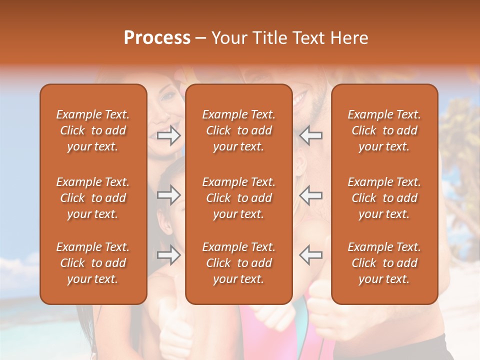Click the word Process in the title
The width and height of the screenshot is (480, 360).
coord(157,38)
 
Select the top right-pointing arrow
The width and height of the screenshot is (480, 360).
coord(169,135)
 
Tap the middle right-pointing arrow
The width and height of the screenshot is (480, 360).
coord(169,195)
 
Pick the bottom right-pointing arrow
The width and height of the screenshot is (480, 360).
coord(169,255)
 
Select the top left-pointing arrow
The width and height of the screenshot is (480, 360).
coord(311,135)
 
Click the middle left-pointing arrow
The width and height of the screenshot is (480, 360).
coord(311,195)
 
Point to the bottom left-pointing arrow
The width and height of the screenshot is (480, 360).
coord(311,255)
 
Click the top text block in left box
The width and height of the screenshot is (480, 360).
coord(93,130)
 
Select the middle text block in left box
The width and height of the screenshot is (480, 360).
coord(93,198)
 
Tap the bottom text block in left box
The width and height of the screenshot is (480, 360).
coord(93,263)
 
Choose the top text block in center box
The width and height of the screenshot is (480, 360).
coord(239,130)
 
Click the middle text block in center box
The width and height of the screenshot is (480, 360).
coord(239,198)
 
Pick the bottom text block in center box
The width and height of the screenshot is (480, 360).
coord(239,263)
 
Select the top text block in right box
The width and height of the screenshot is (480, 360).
coord(384,130)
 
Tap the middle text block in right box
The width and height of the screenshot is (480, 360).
coord(384,198)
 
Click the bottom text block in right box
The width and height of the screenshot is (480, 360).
coord(384,263)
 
